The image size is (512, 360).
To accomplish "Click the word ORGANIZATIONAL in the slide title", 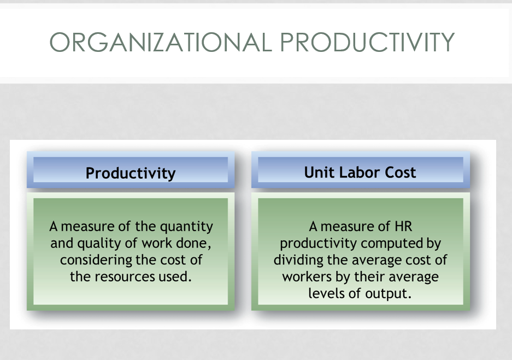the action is coord(161,42).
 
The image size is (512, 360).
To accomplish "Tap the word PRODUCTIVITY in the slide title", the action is coord(367,42).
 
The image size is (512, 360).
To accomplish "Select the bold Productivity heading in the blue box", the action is coord(131,173).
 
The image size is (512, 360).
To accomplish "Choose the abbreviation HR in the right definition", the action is coord(403,226).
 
